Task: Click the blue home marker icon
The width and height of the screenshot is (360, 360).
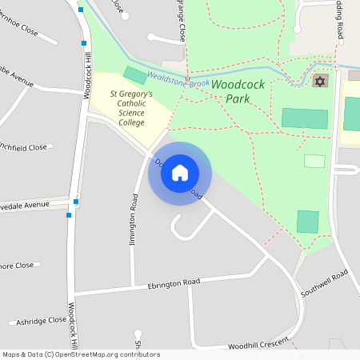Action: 180,172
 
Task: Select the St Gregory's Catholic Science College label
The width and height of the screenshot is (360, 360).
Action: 131,108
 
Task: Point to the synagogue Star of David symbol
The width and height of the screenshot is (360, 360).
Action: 320,82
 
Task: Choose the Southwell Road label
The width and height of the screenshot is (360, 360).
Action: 325,284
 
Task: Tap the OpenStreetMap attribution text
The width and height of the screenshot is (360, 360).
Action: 81,354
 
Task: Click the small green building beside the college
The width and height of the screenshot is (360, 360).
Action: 135,76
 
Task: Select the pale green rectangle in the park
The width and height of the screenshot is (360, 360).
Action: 314,161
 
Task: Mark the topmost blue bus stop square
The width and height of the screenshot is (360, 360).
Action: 81,10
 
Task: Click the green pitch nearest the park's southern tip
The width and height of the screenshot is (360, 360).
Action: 308,222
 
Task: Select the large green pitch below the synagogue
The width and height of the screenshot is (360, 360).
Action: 304,118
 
